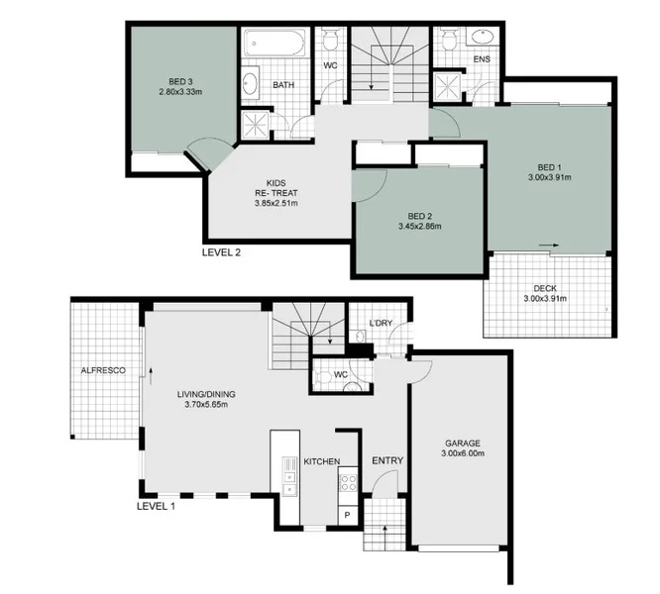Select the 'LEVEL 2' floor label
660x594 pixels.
coord(221,251)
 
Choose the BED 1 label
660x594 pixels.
coord(550,166)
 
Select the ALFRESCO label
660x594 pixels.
coord(102,370)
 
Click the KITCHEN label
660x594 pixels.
coord(322,461)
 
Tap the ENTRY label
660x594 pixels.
coord(386,461)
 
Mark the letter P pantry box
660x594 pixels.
coord(347,516)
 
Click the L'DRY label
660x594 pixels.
coord(381,324)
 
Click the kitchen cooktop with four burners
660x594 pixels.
coord(349,483)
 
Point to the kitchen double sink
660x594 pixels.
coord(289,475)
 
